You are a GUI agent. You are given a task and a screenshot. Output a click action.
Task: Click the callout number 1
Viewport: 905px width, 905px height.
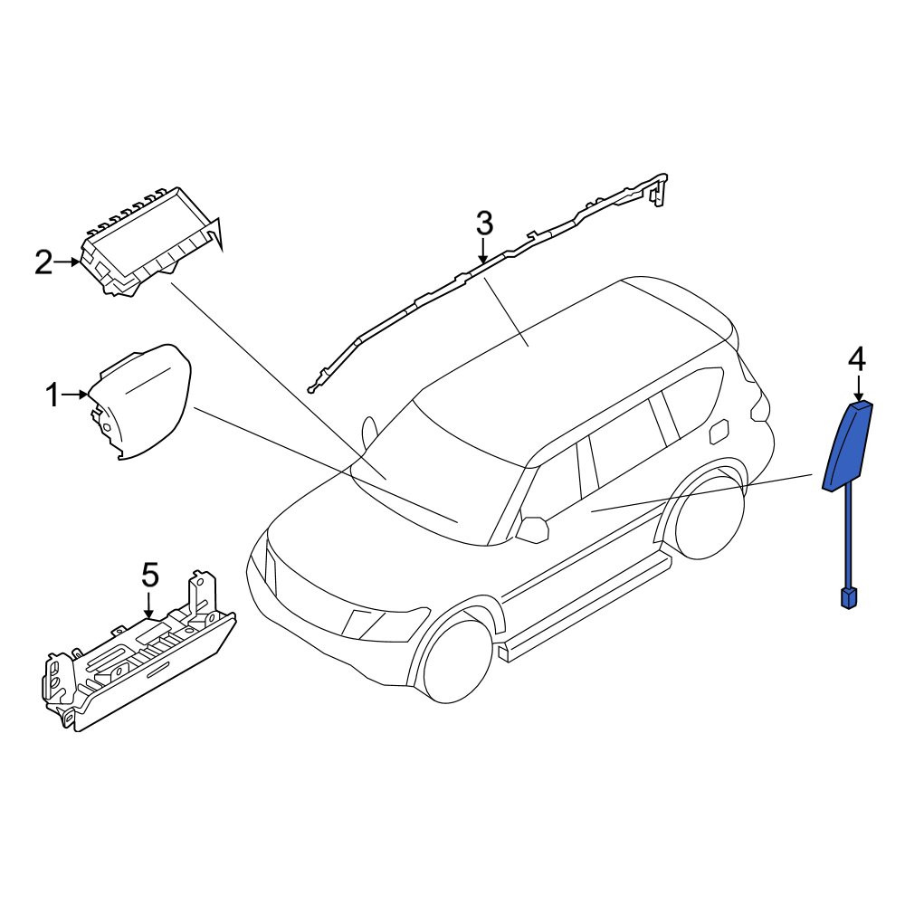(52, 396)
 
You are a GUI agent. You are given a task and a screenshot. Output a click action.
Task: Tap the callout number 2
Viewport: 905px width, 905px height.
(43, 262)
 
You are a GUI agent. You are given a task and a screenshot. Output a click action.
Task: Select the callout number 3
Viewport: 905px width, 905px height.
(484, 223)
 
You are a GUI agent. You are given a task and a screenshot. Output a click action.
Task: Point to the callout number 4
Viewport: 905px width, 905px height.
(857, 361)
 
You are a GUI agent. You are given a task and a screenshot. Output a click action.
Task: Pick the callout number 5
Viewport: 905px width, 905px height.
(149, 575)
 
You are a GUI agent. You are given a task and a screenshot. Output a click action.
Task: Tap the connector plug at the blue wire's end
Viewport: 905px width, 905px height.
(848, 598)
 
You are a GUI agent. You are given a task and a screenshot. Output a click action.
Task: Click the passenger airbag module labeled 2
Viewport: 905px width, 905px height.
(150, 243)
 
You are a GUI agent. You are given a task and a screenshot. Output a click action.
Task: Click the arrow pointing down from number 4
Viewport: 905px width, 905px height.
(860, 386)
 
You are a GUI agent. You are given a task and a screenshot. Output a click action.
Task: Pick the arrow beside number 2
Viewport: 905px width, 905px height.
(67, 262)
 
